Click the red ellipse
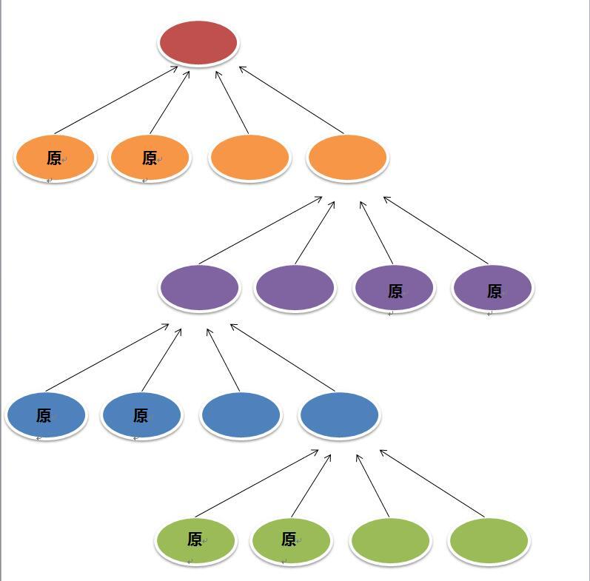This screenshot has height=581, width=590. [x=198, y=43]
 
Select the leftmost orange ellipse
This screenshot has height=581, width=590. [x=55, y=158]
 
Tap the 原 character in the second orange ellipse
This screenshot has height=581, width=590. [x=150, y=158]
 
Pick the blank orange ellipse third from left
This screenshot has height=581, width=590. [x=249, y=158]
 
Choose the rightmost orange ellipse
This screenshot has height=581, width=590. [x=347, y=158]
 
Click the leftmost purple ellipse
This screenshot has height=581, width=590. [x=199, y=288]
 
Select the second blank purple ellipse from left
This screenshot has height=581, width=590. [x=295, y=288]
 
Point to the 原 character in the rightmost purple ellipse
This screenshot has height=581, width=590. [x=494, y=292]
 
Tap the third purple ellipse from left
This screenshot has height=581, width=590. [x=394, y=289]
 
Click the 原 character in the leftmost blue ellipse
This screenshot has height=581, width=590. [x=44, y=416]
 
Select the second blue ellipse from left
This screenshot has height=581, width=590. [x=141, y=415]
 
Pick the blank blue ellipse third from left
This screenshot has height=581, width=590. [x=241, y=415]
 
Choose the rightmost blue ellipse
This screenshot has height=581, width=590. [x=340, y=415]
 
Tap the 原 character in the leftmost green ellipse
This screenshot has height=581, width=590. [x=195, y=540]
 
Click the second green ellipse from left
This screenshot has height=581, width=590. [x=291, y=540]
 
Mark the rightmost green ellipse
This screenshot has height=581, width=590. [x=489, y=540]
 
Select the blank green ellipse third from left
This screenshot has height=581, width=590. [x=390, y=540]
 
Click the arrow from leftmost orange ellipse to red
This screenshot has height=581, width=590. [x=115, y=101]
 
